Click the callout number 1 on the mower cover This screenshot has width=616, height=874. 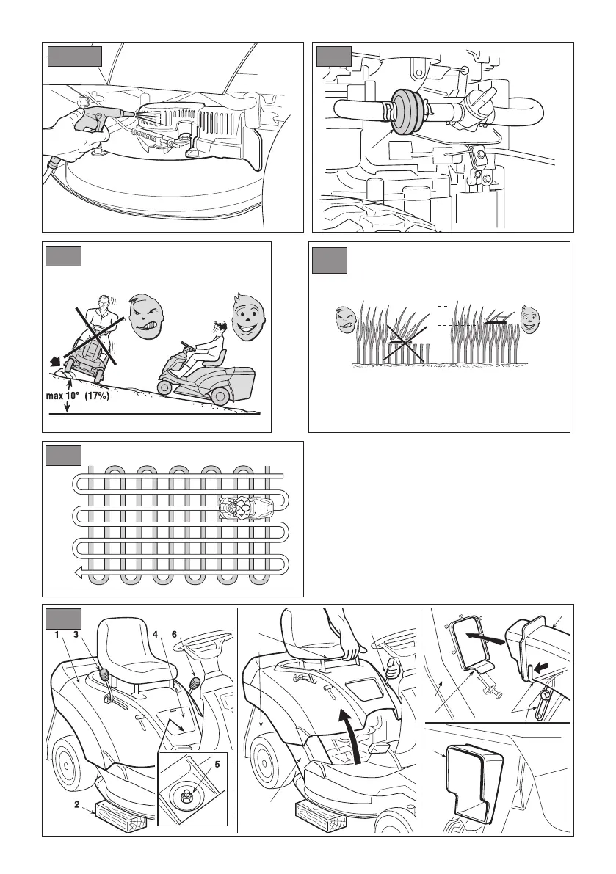(x=55, y=635)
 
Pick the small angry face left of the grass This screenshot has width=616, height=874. (x=342, y=320)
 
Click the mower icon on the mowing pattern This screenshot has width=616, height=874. (x=244, y=507)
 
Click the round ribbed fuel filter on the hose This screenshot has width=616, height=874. (x=404, y=113)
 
